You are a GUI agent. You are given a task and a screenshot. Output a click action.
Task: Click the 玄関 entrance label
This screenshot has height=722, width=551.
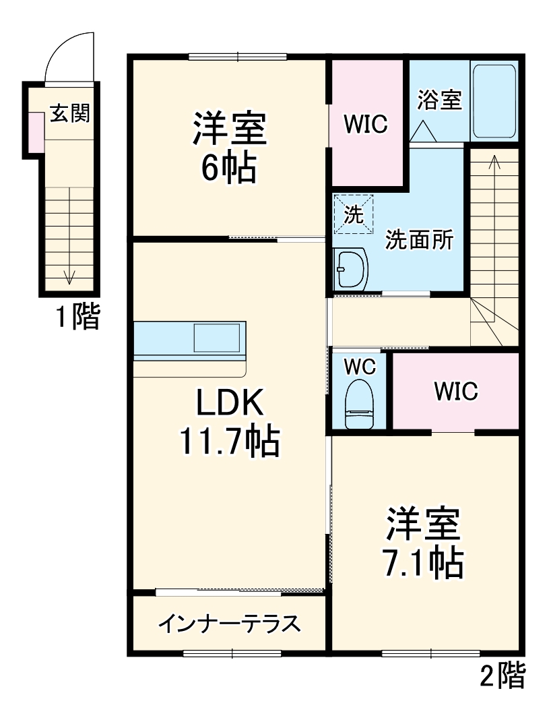[70, 114]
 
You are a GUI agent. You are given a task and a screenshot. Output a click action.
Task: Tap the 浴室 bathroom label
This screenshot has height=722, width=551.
[439, 100]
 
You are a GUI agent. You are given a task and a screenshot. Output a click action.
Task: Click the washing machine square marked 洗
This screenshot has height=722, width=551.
[354, 214]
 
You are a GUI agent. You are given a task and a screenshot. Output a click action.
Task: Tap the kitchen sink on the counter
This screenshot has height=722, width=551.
[217, 338]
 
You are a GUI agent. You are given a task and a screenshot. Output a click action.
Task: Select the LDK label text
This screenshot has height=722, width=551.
[228, 404]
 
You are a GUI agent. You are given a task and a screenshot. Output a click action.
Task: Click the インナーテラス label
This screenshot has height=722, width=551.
[228, 624]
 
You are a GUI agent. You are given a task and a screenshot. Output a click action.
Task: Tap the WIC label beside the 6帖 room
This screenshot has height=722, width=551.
[365, 124]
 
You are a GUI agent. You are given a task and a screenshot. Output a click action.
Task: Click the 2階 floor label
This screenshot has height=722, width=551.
[502, 676]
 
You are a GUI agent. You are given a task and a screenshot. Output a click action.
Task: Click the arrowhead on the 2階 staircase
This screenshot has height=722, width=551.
[494, 160]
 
